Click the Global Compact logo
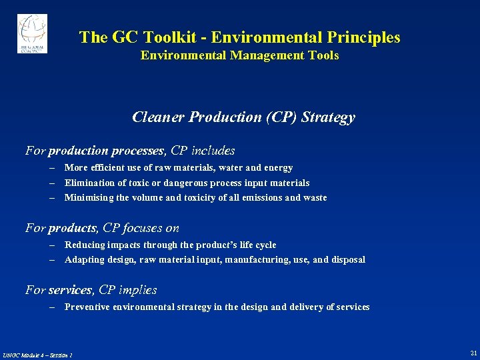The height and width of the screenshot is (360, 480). (32, 33)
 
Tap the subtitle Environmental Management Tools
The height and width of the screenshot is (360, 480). (239, 56)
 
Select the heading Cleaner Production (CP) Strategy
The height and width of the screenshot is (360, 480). (243, 117)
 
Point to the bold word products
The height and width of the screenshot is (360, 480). (73, 228)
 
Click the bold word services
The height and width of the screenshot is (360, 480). (70, 290)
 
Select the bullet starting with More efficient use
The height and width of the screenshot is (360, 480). (178, 168)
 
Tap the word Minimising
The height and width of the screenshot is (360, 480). (87, 197)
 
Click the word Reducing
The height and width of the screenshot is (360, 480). (84, 245)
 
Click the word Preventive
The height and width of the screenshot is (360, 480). (87, 307)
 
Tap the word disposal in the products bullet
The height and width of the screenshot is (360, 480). (347, 260)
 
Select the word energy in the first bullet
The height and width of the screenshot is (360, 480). (279, 168)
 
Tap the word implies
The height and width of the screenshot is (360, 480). (137, 290)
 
